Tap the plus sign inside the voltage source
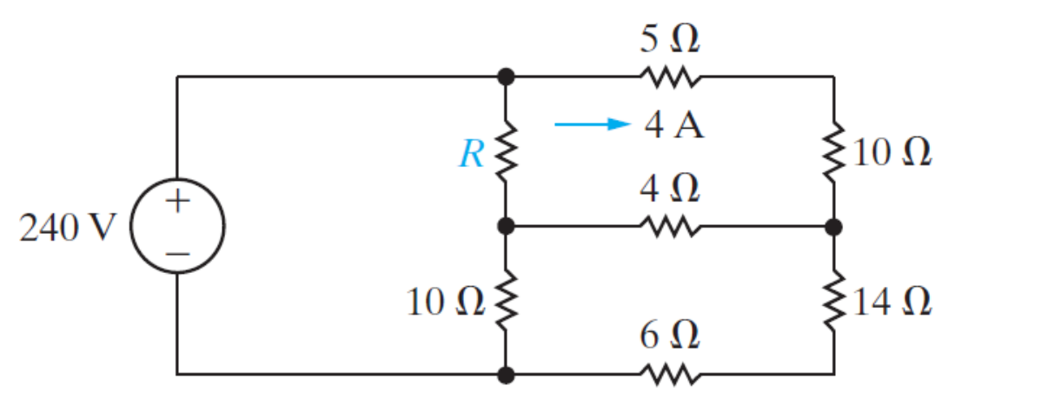pos(177,203)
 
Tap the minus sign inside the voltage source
pos(177,253)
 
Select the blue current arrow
pos(591,124)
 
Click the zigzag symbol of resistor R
pos(507,153)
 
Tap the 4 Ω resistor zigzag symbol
pos(668,227)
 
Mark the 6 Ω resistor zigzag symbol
pos(668,375)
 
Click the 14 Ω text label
pos(892,303)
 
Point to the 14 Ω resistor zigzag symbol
pos(834,301)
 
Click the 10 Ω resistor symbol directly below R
pos(507,301)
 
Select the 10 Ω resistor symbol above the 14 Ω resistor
pos(834,153)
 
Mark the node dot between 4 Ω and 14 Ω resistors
pos(834,227)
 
